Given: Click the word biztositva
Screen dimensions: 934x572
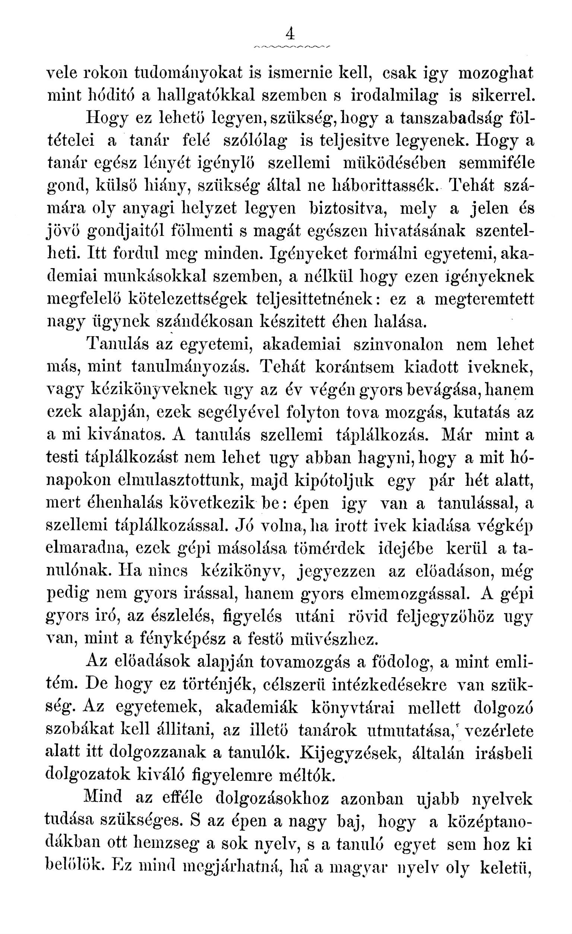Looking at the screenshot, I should [346, 208].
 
